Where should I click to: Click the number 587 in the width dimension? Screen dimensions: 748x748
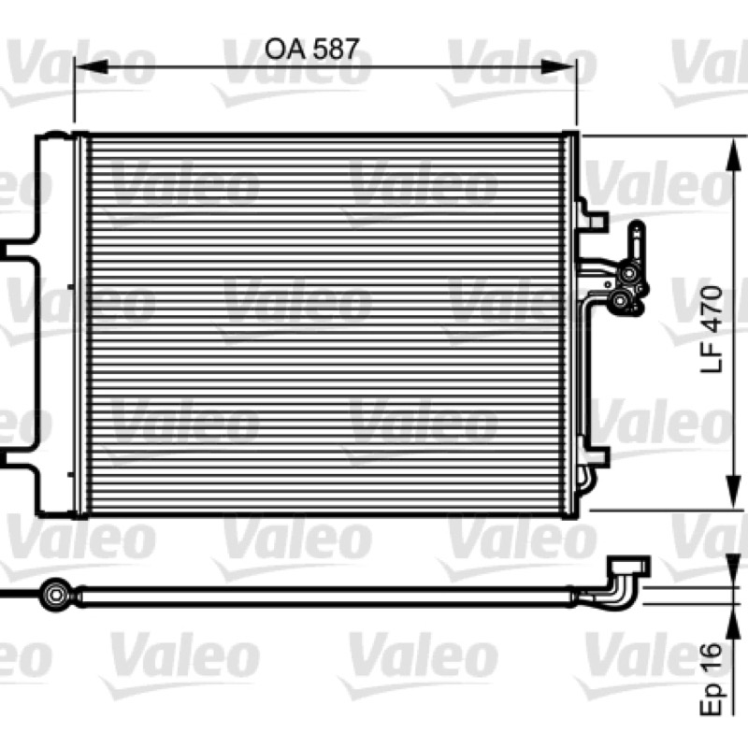pyautogui.click(x=334, y=50)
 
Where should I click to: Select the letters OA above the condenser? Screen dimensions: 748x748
pyautogui.click(x=285, y=50)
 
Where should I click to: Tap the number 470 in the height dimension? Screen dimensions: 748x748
pyautogui.click(x=712, y=309)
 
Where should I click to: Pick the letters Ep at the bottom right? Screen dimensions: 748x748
pyautogui.click(x=712, y=699)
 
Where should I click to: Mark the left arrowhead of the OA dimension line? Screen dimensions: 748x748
pyautogui.click(x=92, y=67)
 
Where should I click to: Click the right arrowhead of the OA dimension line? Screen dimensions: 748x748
pyautogui.click(x=558, y=67)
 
